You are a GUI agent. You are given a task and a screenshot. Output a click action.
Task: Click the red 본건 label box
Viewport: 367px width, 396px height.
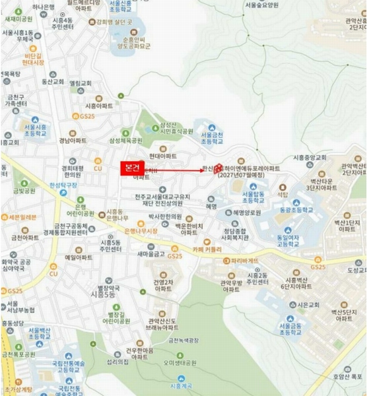coord(132,168)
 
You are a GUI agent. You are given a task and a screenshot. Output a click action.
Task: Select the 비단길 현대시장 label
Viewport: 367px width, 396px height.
coord(32,61)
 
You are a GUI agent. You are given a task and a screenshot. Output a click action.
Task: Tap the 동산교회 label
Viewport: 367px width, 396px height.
coord(51,82)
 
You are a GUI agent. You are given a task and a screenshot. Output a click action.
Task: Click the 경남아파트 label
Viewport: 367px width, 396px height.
coord(72,141)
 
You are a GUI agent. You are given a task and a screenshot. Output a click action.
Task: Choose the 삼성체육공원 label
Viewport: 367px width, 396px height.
coord(125,141)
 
